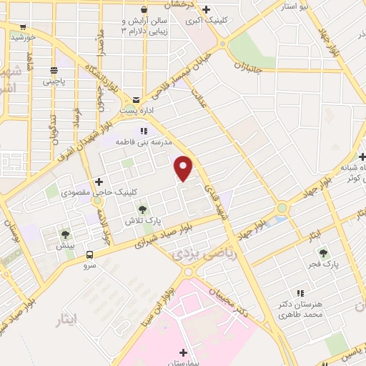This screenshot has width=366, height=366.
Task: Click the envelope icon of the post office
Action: point(137,99)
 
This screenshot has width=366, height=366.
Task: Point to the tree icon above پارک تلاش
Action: point(142,209)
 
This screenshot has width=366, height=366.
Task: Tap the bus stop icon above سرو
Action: point(89,254)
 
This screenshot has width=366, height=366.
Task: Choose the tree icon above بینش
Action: point(66,234)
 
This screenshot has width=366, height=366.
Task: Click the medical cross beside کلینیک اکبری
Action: point(206,9)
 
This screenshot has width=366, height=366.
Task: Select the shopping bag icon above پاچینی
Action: point(54,70)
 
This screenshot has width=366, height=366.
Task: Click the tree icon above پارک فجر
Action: point(322,252)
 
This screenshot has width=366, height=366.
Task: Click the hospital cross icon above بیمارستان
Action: point(183,352)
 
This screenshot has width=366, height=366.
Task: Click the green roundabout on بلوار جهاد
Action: point(282,208)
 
